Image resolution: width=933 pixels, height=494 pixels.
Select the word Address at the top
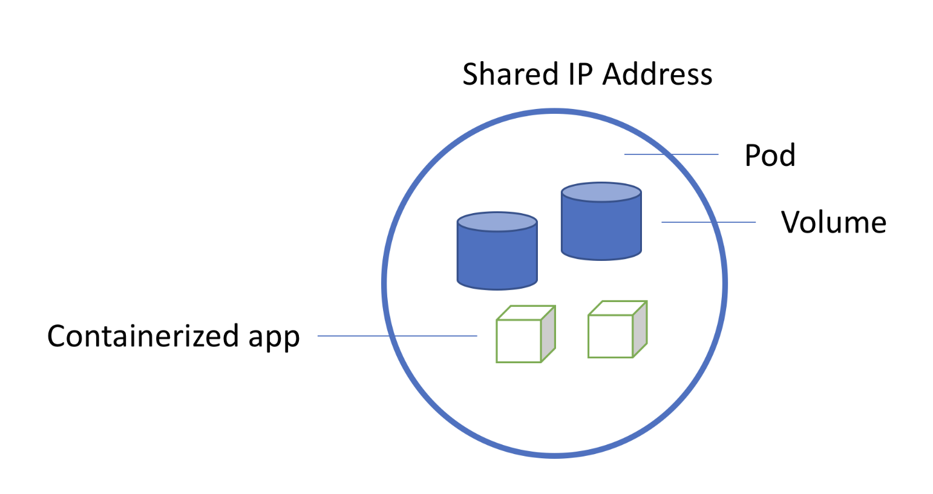point(658,74)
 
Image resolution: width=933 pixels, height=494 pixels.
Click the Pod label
point(770,155)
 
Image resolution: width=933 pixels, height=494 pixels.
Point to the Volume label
point(833,222)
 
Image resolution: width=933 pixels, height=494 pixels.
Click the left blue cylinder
point(497,257)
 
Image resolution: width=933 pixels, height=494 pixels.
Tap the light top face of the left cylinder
point(497,222)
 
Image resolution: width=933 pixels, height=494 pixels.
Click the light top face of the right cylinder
point(601,193)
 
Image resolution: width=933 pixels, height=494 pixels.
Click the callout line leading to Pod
point(671,154)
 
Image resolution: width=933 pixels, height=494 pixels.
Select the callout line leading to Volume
point(708,222)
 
